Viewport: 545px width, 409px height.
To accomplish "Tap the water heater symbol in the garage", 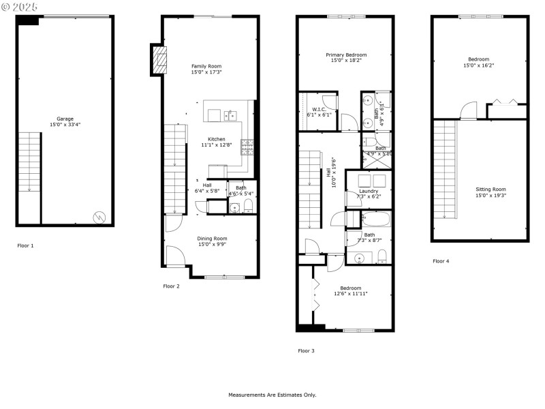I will [99, 217].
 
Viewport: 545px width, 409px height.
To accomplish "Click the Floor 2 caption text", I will [171, 286].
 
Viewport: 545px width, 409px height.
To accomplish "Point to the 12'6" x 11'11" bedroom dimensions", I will [351, 294].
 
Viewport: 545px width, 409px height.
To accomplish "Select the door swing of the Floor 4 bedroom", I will [468, 110].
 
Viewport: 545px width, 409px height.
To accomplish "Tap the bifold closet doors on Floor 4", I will [506, 102].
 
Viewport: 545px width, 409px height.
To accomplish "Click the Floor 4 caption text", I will [441, 261].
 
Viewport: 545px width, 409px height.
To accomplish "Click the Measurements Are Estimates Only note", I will [272, 395].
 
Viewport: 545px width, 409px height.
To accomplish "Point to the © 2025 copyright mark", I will [20, 6].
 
